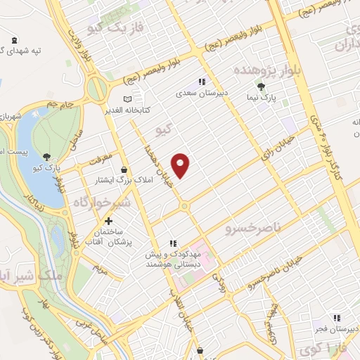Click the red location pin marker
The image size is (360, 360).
181,164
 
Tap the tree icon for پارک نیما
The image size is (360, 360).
262,87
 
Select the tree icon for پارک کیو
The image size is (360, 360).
47,157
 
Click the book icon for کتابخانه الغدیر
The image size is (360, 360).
127,99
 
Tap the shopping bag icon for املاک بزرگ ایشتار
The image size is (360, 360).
124,169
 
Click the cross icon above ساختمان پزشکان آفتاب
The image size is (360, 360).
108,221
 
